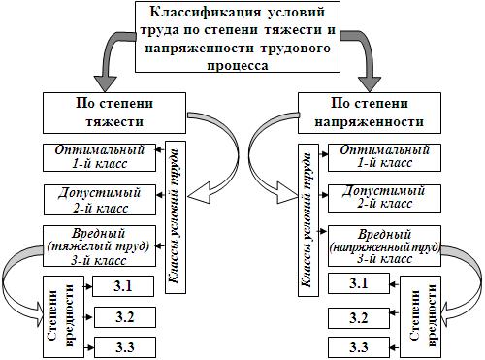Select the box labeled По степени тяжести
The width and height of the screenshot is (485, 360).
pyautogui.click(x=114, y=113)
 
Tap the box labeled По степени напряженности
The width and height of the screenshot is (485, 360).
pyautogui.click(x=370, y=113)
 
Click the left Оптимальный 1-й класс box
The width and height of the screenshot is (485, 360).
pyautogui.click(x=100, y=157)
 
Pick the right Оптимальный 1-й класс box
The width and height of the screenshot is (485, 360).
pyautogui.click(x=384, y=157)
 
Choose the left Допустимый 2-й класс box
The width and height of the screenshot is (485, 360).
pyautogui.click(x=100, y=200)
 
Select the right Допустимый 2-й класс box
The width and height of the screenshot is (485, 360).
pyautogui.click(x=384, y=198)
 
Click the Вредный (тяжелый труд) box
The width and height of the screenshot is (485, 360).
pyautogui.click(x=100, y=246)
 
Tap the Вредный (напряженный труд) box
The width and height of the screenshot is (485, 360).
pyautogui.click(x=384, y=246)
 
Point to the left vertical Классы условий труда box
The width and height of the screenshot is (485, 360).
pyautogui.click(x=176, y=217)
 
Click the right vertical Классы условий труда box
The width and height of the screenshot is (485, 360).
pyautogui.click(x=308, y=220)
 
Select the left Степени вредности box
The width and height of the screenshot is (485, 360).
pyautogui.click(x=63, y=316)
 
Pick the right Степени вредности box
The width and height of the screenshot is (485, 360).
pyautogui.click(x=421, y=316)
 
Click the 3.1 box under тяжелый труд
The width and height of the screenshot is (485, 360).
pyautogui.click(x=123, y=286)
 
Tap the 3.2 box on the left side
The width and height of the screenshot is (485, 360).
pyautogui.click(x=125, y=317)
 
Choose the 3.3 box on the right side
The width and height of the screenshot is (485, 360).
pyautogui.click(x=359, y=347)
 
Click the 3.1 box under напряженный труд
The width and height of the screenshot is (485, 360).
pyautogui.click(x=359, y=283)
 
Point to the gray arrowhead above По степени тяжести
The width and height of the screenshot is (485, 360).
pyautogui.click(x=105, y=84)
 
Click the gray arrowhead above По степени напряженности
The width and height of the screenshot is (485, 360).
pyautogui.click(x=370, y=84)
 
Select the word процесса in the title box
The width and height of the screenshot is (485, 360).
pyautogui.click(x=238, y=66)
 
